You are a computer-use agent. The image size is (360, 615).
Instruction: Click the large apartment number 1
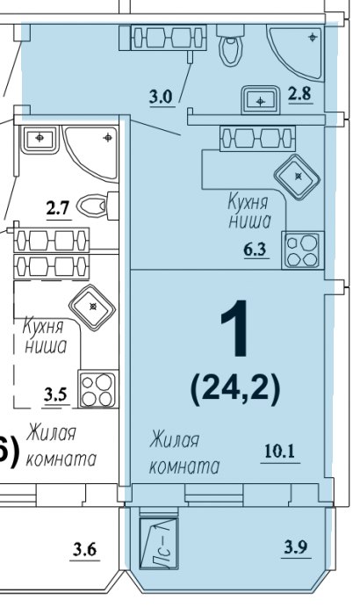235,329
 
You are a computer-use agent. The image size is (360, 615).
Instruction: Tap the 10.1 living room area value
279,452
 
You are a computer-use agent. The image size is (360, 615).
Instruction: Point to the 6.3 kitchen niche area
256,249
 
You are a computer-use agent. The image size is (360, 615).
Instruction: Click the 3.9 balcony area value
296,546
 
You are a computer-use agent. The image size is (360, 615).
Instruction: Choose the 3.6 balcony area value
84,549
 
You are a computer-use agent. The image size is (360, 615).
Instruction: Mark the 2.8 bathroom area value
300,94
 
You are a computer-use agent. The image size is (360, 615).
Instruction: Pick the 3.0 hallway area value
161,97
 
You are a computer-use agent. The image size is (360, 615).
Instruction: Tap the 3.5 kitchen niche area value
56,394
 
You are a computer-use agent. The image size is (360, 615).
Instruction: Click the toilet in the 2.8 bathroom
232,44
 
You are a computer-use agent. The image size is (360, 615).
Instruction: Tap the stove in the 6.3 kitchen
302,250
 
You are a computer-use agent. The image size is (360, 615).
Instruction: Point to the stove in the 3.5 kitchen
98,388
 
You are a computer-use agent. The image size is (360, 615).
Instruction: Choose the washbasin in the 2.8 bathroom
260,98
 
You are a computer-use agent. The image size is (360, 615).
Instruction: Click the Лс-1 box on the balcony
159,543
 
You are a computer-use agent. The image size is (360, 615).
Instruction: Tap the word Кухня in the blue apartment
248,203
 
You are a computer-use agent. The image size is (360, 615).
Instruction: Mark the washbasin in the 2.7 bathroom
40,139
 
